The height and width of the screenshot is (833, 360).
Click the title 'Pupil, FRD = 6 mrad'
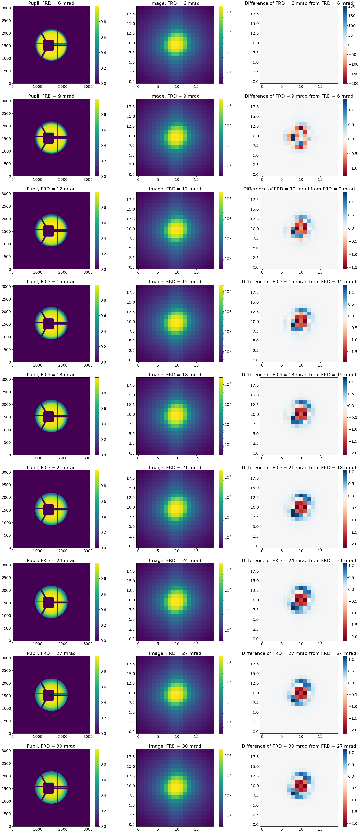click(51, 3)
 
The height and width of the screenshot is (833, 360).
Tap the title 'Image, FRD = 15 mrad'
click(175, 282)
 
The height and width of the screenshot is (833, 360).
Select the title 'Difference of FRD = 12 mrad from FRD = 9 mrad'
click(299, 189)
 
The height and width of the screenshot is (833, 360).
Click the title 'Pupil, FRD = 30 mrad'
click(51, 746)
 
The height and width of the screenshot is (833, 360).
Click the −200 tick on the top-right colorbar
click(352, 83)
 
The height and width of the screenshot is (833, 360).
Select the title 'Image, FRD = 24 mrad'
click(175, 560)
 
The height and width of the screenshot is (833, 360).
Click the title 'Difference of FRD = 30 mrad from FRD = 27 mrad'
click(299, 746)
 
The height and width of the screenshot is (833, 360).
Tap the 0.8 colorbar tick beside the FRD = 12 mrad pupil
click(103, 207)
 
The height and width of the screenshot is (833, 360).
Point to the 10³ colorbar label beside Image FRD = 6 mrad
click(228, 13)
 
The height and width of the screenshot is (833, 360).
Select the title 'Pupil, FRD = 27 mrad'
click(51, 653)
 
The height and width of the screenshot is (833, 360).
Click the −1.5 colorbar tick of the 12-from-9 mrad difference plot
click(353, 267)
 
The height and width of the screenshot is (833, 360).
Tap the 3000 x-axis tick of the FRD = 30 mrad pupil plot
click(88, 829)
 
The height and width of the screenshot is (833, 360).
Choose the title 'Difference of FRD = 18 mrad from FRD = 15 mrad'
click(299, 375)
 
